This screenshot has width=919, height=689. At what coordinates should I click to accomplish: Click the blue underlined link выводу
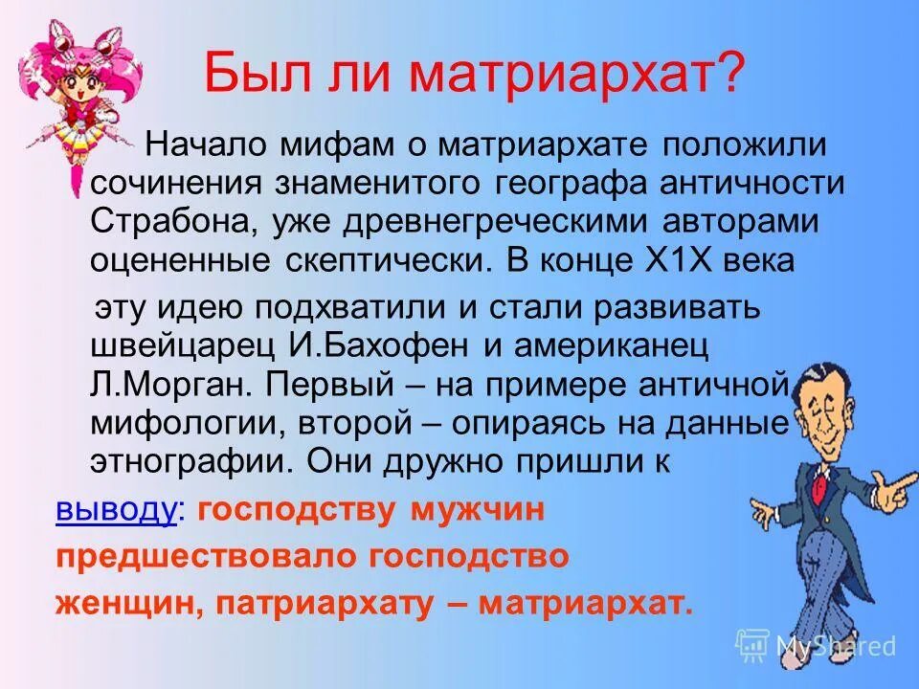click(x=116, y=510)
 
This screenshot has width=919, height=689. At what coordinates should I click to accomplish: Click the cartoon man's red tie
click(x=819, y=483)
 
